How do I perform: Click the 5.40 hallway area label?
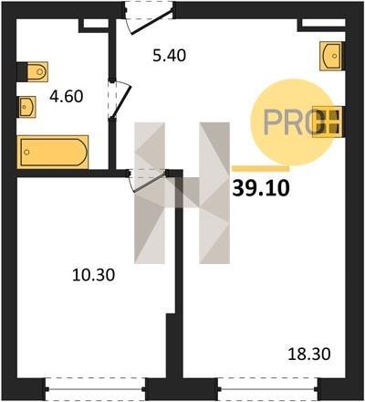point(169,56)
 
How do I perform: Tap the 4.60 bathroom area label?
point(67,97)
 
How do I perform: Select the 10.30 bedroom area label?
point(94,275)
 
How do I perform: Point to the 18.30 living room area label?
point(309,354)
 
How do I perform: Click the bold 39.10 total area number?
point(261,188)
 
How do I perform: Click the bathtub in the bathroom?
point(53,153)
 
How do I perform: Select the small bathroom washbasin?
point(27,107)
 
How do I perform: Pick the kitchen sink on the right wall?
point(331,56)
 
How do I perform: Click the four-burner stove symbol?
point(328,122)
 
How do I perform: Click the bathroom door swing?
point(120,100)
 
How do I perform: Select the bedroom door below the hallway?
point(148,181)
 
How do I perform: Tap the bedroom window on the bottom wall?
point(96,389)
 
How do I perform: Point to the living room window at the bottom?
point(268,389)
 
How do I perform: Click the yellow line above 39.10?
point(261,168)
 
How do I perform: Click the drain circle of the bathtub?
point(26,152)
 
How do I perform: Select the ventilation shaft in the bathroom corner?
point(94,26)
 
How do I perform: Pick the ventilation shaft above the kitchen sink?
point(322,25)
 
